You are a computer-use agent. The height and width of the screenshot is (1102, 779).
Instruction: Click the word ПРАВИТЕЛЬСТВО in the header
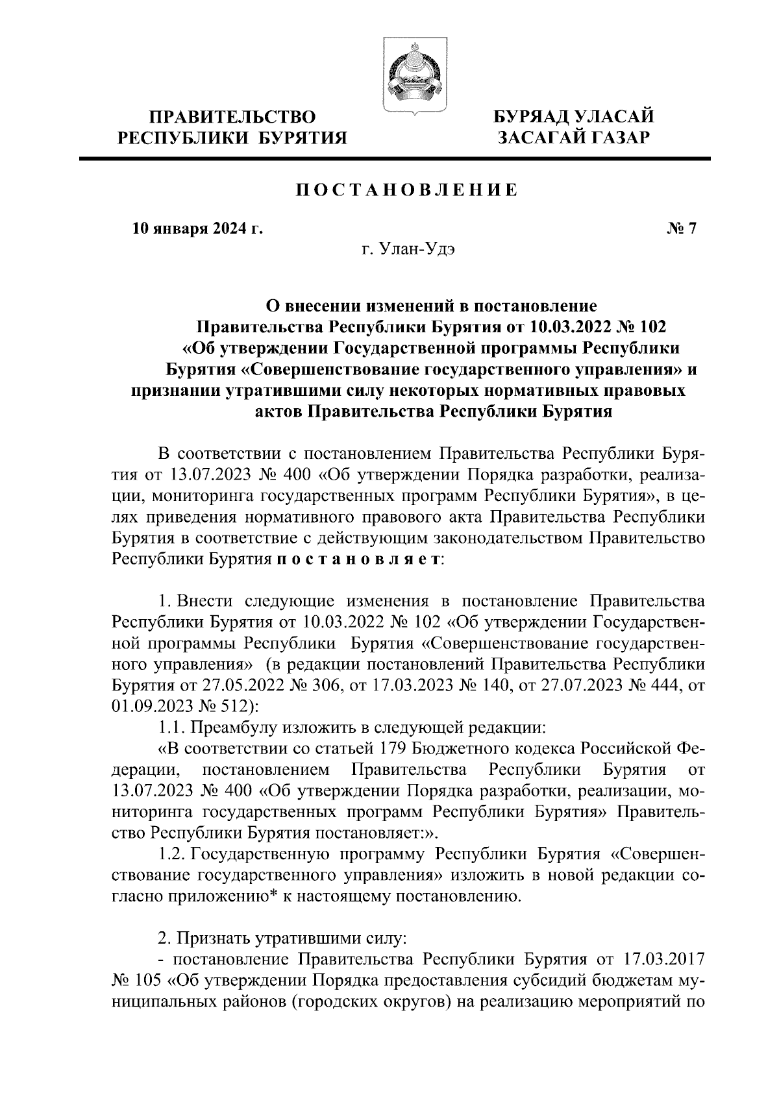tap(232, 117)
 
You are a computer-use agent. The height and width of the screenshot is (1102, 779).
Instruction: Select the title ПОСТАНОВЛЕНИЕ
tap(407, 190)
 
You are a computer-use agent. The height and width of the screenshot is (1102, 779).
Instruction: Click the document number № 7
tap(681, 228)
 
